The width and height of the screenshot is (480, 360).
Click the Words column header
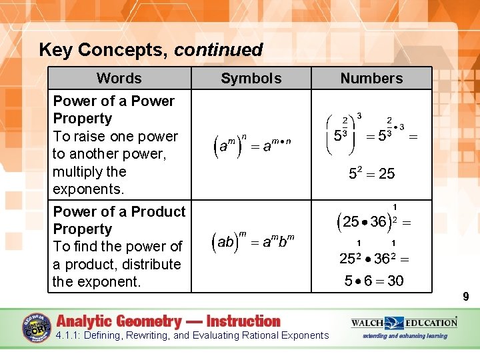[x=119, y=78]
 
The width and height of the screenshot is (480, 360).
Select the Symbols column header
[x=251, y=78]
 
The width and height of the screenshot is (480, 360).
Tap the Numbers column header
[x=371, y=78]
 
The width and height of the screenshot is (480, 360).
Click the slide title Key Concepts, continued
[x=151, y=50]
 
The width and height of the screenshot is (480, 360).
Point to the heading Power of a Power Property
[x=113, y=109]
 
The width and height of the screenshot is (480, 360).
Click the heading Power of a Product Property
[x=119, y=220]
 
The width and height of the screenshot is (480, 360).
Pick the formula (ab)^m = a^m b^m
[x=252, y=241]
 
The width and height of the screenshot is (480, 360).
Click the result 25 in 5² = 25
[x=387, y=174]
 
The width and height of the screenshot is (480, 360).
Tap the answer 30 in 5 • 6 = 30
[x=395, y=281]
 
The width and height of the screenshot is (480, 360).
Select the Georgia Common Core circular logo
[x=37, y=328]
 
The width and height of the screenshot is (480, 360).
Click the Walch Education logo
[x=404, y=323]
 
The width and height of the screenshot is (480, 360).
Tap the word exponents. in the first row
[x=89, y=189]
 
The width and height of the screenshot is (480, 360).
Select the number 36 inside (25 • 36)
[x=378, y=222]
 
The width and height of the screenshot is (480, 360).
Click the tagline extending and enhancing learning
[x=405, y=336]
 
